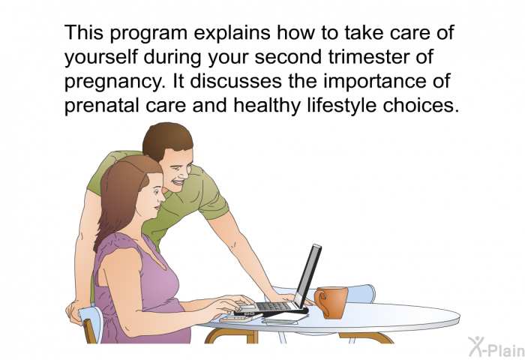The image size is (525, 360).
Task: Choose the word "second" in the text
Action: click(288, 57)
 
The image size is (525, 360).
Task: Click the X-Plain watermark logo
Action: click(496, 346)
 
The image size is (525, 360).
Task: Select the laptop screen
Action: click(307, 274)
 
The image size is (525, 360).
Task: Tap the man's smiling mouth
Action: click(178, 183)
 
